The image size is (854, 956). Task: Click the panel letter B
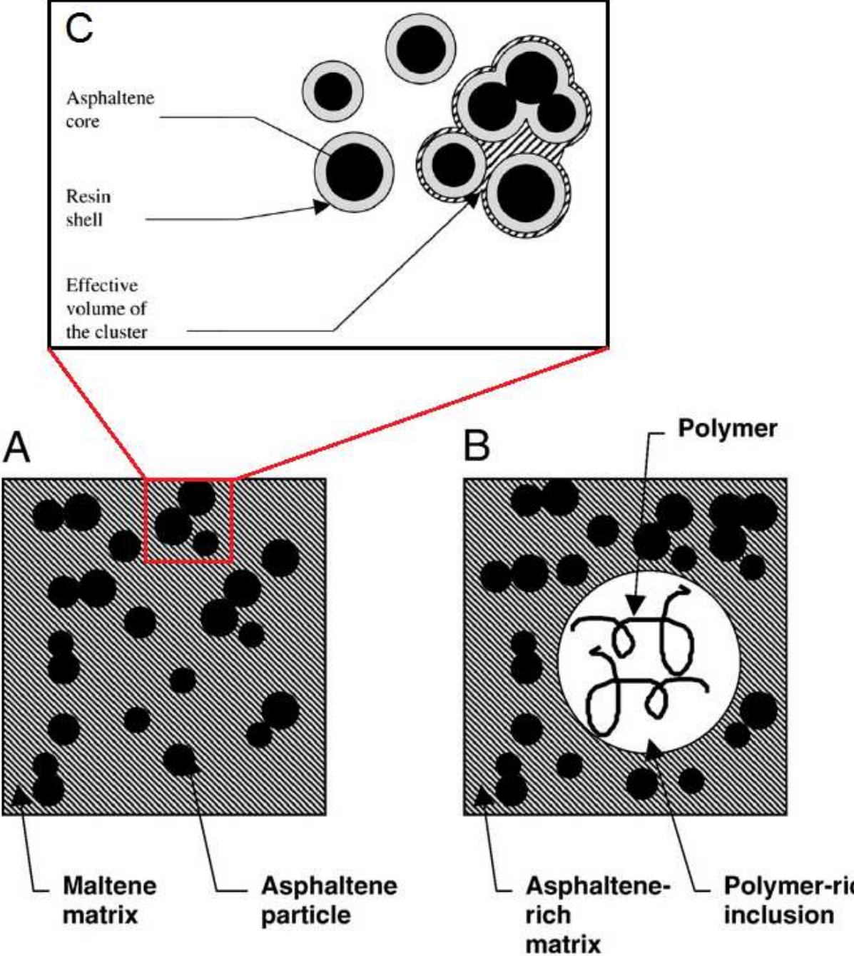pyautogui.click(x=477, y=446)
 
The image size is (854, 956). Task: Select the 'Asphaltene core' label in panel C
pyautogui.click(x=110, y=109)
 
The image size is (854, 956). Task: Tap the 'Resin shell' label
pyautogui.click(x=88, y=208)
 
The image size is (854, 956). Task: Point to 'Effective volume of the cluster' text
pyautogui.click(x=106, y=308)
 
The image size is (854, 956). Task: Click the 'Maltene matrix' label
pyautogui.click(x=109, y=900)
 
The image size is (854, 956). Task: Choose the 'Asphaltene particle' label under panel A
pyautogui.click(x=328, y=900)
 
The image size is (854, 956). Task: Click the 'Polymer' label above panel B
pyautogui.click(x=727, y=428)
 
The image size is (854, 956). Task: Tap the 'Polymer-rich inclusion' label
pyautogui.click(x=785, y=900)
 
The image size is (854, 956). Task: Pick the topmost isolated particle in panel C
pyautogui.click(x=421, y=49)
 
